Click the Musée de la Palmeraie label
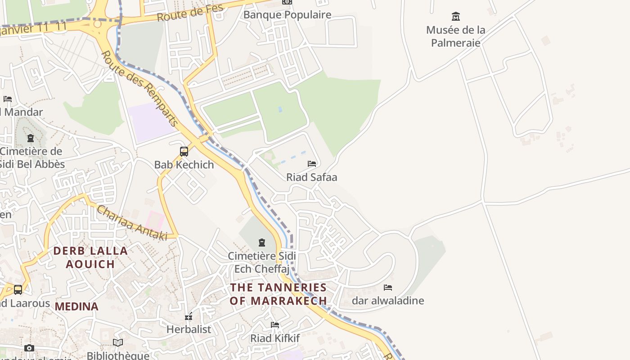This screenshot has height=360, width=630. pos(455,36)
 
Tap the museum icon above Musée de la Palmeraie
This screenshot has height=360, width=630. pos(455,17)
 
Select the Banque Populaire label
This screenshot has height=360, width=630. pos(287,14)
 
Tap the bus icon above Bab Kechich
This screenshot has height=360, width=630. pos(184,152)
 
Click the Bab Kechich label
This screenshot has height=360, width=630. pos(184,165)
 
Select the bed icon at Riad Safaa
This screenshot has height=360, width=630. pos(312,164)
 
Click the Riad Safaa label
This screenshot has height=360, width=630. pos(311,177)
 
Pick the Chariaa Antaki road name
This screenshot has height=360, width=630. pos(132,223)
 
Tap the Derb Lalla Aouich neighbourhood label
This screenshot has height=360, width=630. pos(90,257)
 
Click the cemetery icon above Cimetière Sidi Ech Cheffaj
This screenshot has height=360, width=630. pos(261,243)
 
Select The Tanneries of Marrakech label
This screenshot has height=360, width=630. pos(278,294)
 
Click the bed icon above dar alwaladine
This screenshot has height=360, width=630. pos(388,287)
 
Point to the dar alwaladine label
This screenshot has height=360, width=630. pos(388,301)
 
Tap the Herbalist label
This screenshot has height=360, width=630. pos(189,329)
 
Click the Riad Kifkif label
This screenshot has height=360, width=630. pos(275,338)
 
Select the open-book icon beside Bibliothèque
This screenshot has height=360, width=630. pos(118,343)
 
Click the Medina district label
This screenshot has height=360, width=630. pos(76,306)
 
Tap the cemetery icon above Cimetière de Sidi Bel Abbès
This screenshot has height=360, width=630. pos(31,138)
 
